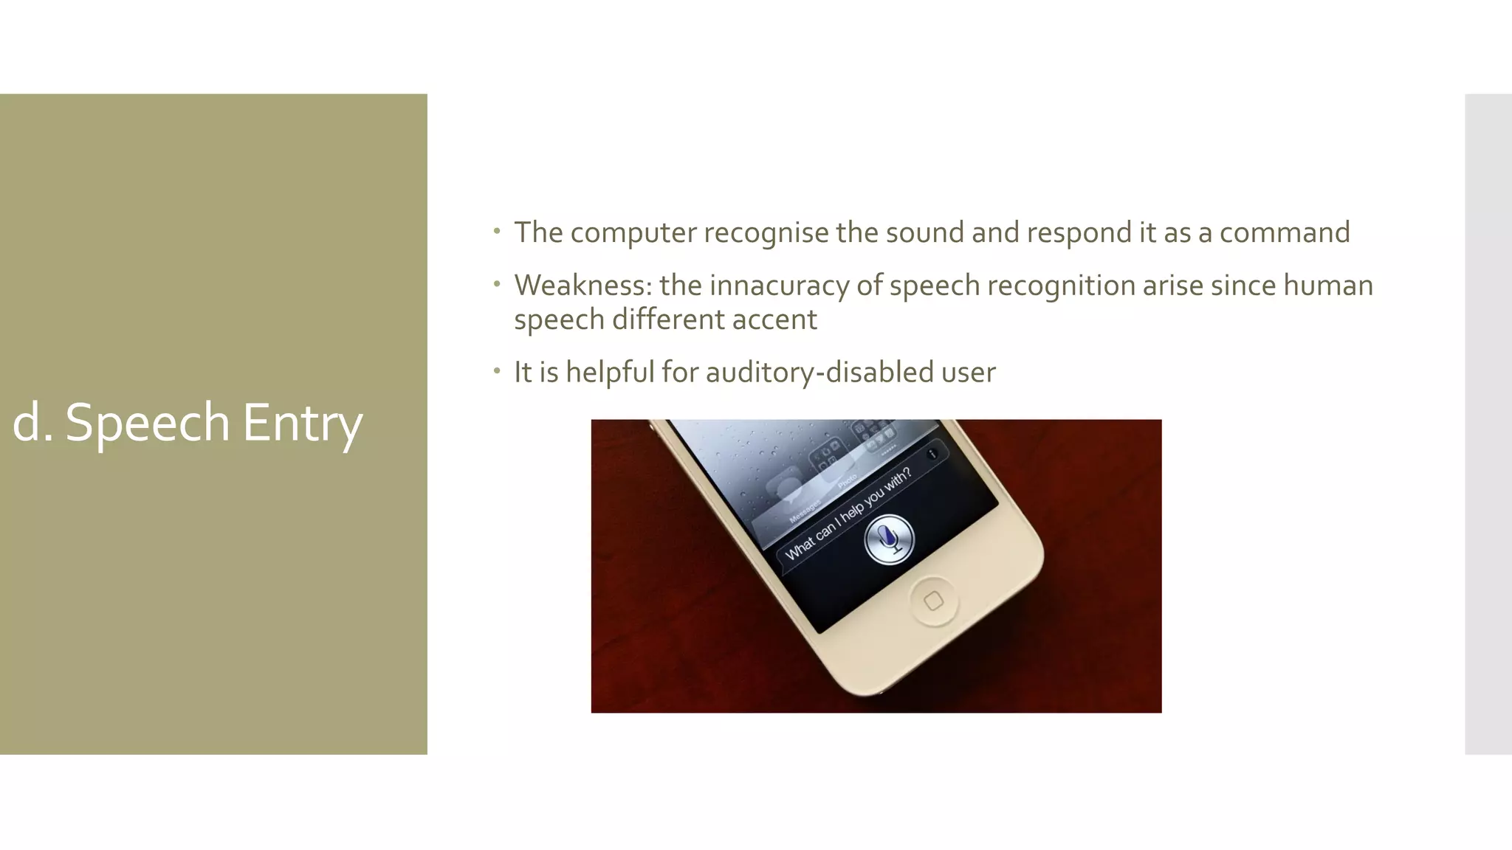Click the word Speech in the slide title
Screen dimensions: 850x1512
[x=148, y=423]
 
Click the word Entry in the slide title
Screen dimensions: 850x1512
[x=303, y=423]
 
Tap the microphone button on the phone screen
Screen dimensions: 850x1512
[x=889, y=539]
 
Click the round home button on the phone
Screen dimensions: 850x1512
[x=933, y=601]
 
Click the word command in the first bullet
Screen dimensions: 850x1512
[x=1284, y=233]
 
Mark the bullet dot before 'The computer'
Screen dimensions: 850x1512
[x=498, y=231]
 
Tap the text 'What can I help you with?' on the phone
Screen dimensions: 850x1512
[x=848, y=514]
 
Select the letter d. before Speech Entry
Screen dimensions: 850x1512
[x=32, y=423]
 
